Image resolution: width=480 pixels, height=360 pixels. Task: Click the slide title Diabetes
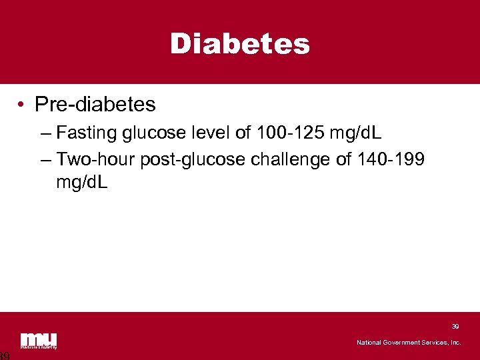[240, 44]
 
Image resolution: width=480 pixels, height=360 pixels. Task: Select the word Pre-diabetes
[95, 105]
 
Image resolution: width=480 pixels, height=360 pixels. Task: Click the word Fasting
[87, 133]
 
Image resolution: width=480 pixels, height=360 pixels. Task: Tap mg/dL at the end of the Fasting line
[354, 133]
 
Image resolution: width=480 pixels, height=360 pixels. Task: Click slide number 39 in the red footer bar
[455, 327]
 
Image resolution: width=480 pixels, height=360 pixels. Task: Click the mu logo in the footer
[39, 340]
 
